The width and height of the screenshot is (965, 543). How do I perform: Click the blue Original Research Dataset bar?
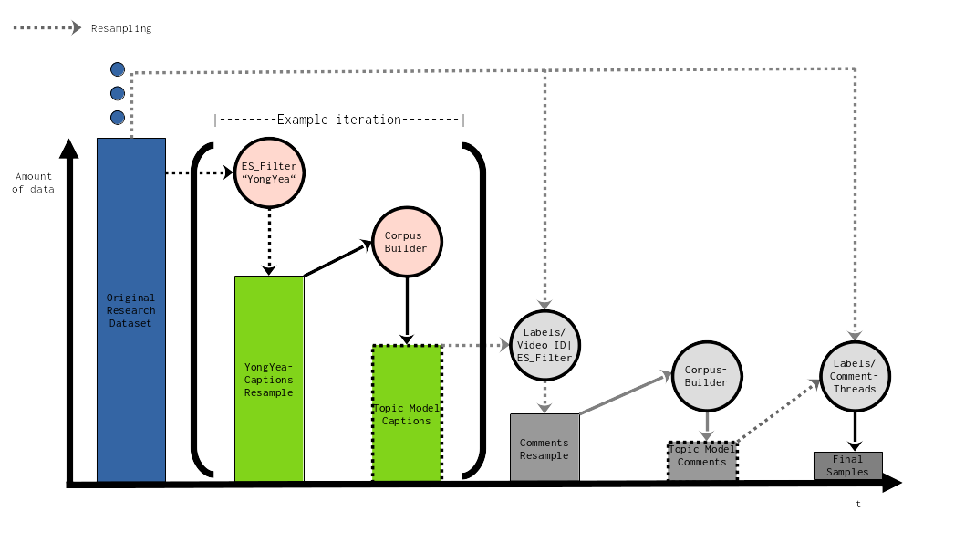pos(131,309)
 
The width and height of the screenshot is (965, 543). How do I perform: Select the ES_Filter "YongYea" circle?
pos(269,172)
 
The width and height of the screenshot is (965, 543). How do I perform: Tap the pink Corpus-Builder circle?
pos(406,242)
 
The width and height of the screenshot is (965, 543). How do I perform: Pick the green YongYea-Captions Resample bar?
pos(269,379)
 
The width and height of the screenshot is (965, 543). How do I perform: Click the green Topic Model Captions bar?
pos(406,412)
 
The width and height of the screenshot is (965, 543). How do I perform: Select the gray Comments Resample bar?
pos(545,447)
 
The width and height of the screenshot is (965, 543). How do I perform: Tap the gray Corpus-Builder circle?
pos(706,375)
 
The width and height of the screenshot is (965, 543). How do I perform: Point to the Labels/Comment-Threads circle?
pos(855,376)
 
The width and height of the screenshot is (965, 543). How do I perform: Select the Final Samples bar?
pos(847,465)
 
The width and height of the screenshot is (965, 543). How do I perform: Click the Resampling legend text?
pos(121,28)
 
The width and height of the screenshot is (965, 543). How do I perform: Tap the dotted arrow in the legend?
pos(47,27)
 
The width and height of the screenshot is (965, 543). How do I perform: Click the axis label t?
pos(857,503)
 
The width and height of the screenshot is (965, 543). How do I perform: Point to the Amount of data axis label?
pos(34,183)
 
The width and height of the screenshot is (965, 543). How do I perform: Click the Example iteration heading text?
pos(338,120)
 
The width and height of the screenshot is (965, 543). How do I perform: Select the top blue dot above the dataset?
pos(118,69)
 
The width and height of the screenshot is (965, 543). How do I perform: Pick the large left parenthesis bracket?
pos(200,310)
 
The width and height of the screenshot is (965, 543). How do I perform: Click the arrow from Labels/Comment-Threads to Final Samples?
pos(855,429)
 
